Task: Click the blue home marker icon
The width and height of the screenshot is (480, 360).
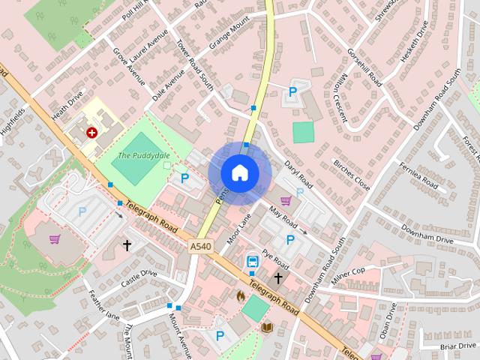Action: (239, 172)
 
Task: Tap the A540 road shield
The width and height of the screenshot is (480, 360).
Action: (199, 246)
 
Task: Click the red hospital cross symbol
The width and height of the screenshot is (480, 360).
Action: (91, 132)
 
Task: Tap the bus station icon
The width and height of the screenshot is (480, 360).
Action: (253, 262)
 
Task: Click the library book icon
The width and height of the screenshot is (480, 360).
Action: (267, 327)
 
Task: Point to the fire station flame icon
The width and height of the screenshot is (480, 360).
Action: (241, 296)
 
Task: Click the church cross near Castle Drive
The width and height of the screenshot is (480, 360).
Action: (127, 245)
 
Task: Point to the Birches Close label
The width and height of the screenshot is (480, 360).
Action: (351, 174)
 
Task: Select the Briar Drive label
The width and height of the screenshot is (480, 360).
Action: (459, 346)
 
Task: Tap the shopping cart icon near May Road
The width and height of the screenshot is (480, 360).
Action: (285, 200)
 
